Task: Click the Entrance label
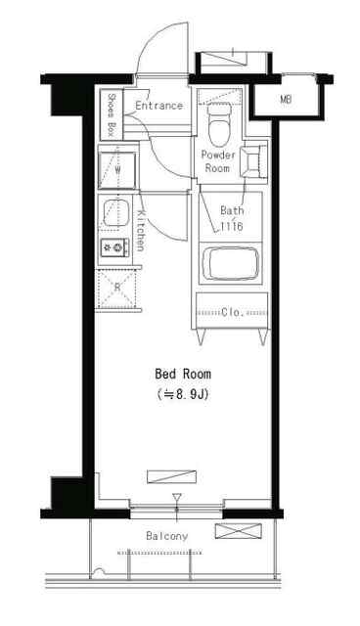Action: pos(158,106)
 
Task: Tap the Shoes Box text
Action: pos(112,115)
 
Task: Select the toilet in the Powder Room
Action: pos(218,125)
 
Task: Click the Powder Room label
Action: pos(217,161)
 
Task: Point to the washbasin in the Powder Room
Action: pos(253,160)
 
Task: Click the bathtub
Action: pos(231,263)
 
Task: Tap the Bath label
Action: pos(232,210)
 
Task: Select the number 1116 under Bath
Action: pos(232,226)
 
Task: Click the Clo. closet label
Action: pos(232,312)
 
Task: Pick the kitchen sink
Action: pos(116,213)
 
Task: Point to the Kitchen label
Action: pos(141,231)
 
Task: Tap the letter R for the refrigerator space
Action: pos(117,287)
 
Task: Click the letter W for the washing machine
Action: pos(117,169)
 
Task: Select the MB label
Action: pos(285,100)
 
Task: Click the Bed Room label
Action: pos(183,374)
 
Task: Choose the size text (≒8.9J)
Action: pos(182,394)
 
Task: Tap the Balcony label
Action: pos(167,536)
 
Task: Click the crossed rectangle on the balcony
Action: pos(239,531)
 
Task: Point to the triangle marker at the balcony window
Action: pos(177,498)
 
